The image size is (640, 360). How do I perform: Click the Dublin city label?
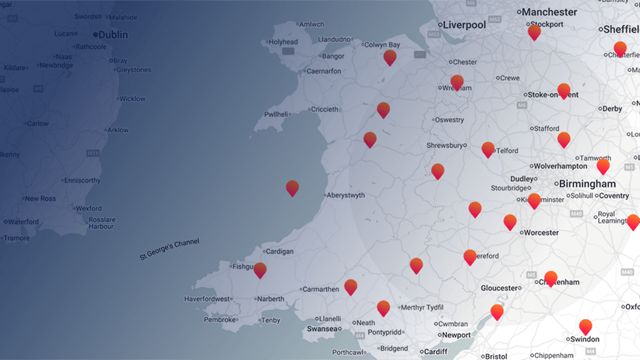coord(113,35)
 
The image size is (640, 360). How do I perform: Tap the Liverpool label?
coord(464,25)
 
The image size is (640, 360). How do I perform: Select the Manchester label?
coord(549,12)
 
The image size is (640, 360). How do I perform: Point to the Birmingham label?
coord(587,184)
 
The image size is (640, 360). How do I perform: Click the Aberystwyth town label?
coord(354,195)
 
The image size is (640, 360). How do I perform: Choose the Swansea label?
coord(322,329)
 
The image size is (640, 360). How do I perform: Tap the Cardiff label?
coord(435,352)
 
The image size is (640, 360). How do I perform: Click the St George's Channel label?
coord(169,249)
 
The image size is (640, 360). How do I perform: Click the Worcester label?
coord(541,232)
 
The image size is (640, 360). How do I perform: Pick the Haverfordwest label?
coord(207,299)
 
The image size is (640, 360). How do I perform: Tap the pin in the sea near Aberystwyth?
coord(292,187)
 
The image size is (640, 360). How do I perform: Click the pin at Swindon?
coord(586,326)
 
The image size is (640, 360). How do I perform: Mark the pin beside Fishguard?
coord(260,270)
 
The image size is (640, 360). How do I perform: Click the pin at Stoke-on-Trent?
coord(564,91)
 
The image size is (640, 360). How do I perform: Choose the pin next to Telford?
coord(488,149)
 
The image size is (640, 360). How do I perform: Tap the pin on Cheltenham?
coord(551,278)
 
